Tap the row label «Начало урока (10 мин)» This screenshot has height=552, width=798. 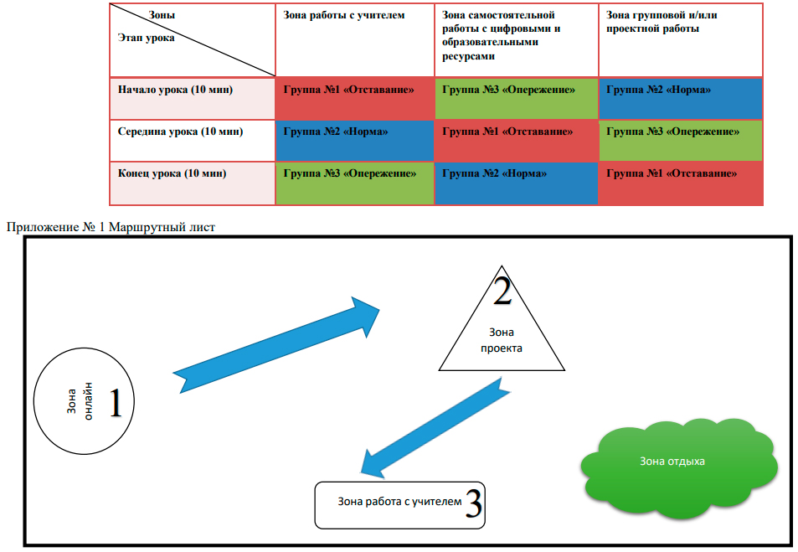tap(175, 90)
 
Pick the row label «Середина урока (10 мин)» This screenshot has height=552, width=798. tap(180, 132)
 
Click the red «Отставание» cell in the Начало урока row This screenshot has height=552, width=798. tap(354, 98)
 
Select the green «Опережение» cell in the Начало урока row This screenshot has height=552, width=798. tap(516, 98)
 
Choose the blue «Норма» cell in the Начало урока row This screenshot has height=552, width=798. tap(680, 98)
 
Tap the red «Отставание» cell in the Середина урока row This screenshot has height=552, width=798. tap(516, 140)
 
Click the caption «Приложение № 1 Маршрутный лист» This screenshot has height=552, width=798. tap(111, 227)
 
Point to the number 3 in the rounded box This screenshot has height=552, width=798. tap(472, 505)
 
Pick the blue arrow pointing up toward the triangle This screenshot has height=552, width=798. tap(277, 343)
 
